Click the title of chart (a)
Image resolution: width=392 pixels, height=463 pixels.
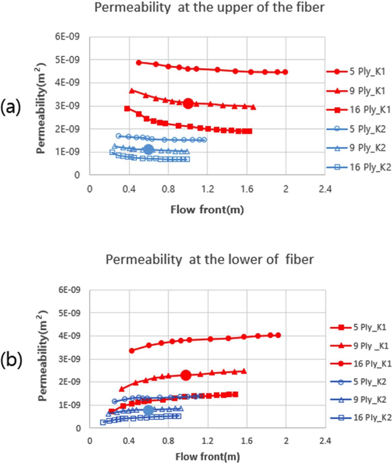coord(209,7)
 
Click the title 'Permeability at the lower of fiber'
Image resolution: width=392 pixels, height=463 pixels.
coord(209,259)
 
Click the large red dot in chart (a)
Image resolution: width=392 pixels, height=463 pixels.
coord(188,104)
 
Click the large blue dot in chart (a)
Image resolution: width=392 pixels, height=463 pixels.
coord(149,150)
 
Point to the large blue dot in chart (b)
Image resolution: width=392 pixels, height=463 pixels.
coord(149,410)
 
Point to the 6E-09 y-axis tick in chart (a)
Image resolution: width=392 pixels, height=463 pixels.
coord(68,37)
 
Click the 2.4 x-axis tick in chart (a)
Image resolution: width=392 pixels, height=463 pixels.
coord(325,189)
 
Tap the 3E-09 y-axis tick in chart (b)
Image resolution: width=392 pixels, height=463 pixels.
coord(69,359)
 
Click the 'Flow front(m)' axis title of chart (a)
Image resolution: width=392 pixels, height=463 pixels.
coord(207,210)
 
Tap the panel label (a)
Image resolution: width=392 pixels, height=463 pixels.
coord(11,108)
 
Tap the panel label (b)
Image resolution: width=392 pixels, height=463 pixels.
coord(11,360)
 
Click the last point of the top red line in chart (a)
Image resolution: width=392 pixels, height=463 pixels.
coord(285,72)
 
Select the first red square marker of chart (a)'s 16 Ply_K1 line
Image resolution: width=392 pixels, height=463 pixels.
coord(127,109)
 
